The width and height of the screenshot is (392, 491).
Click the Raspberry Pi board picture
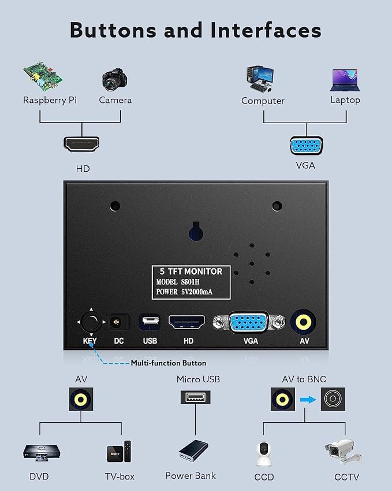43,76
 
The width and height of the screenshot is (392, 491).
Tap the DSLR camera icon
114,80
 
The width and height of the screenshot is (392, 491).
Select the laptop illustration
345,80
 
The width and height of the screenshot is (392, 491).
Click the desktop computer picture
260,79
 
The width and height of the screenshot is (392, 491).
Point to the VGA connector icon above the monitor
307,146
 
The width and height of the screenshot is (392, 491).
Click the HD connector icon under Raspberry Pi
81,144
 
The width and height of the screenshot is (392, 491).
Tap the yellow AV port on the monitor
303,322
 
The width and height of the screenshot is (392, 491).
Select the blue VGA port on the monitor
249,322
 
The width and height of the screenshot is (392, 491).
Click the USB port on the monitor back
150,322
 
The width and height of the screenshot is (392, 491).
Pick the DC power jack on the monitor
118,322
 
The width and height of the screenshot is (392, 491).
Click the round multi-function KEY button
91,322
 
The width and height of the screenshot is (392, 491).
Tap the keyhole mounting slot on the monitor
196,231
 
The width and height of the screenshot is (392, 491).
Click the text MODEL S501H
178,282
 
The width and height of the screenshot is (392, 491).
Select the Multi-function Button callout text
169,363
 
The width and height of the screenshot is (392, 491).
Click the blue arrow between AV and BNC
308,400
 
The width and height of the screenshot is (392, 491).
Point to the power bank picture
193,451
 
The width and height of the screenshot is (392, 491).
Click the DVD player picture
42,452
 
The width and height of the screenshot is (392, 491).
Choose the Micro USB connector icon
195,397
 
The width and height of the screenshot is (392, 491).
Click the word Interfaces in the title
266,30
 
